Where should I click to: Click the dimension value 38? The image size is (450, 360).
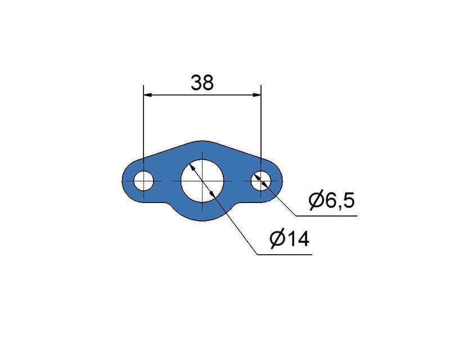coord(202,83)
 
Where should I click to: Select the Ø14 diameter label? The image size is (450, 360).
coord(289,240)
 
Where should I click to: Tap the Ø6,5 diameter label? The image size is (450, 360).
coord(332,200)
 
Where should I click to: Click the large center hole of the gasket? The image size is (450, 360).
coord(202,181)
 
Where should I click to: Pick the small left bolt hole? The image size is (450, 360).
coord(144,181)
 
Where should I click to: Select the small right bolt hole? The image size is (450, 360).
coord(260,181)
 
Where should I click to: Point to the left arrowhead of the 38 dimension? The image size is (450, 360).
coord(147,96)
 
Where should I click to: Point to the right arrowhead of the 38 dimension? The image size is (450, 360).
coord(257,96)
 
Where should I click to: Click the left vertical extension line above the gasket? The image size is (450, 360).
coord(144,129)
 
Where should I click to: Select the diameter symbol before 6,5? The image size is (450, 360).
coord(316,200)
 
